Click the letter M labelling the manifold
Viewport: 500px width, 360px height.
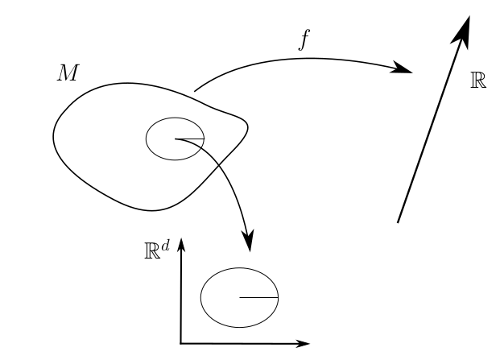click(67, 73)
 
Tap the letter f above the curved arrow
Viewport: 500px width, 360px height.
click(303, 41)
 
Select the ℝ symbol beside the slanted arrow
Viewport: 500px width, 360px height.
click(477, 81)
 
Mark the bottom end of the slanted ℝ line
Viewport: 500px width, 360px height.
click(399, 221)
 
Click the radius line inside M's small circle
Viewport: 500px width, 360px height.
click(188, 139)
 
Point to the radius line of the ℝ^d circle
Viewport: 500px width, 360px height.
click(258, 297)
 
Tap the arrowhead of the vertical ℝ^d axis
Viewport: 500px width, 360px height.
click(182, 245)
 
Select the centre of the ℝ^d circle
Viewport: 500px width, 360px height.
click(239, 297)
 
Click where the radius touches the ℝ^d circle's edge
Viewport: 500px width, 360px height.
click(278, 297)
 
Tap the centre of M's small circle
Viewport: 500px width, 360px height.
click(175, 139)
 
